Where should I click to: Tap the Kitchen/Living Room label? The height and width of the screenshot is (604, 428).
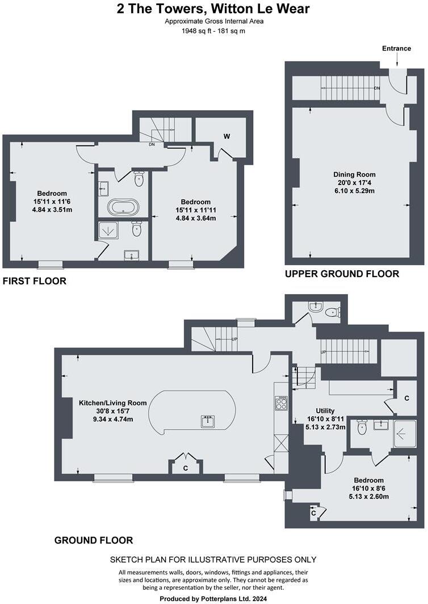(112, 402)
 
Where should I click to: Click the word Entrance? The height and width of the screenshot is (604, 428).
(396, 48)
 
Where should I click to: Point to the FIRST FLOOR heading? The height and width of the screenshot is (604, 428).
(35, 281)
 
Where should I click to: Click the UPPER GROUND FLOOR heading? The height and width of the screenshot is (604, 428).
(342, 274)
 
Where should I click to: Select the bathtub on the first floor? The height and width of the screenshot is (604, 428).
(123, 207)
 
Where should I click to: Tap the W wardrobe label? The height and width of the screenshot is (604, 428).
(226, 136)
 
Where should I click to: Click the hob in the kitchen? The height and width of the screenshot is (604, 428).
(282, 402)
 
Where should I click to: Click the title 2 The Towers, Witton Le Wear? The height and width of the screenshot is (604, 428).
(214, 9)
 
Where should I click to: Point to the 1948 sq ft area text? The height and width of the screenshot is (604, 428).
(214, 31)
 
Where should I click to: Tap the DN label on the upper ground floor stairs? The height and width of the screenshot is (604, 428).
(377, 89)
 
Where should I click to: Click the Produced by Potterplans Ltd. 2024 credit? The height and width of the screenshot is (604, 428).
(213, 598)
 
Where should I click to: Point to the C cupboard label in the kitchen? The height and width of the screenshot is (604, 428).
(187, 468)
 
